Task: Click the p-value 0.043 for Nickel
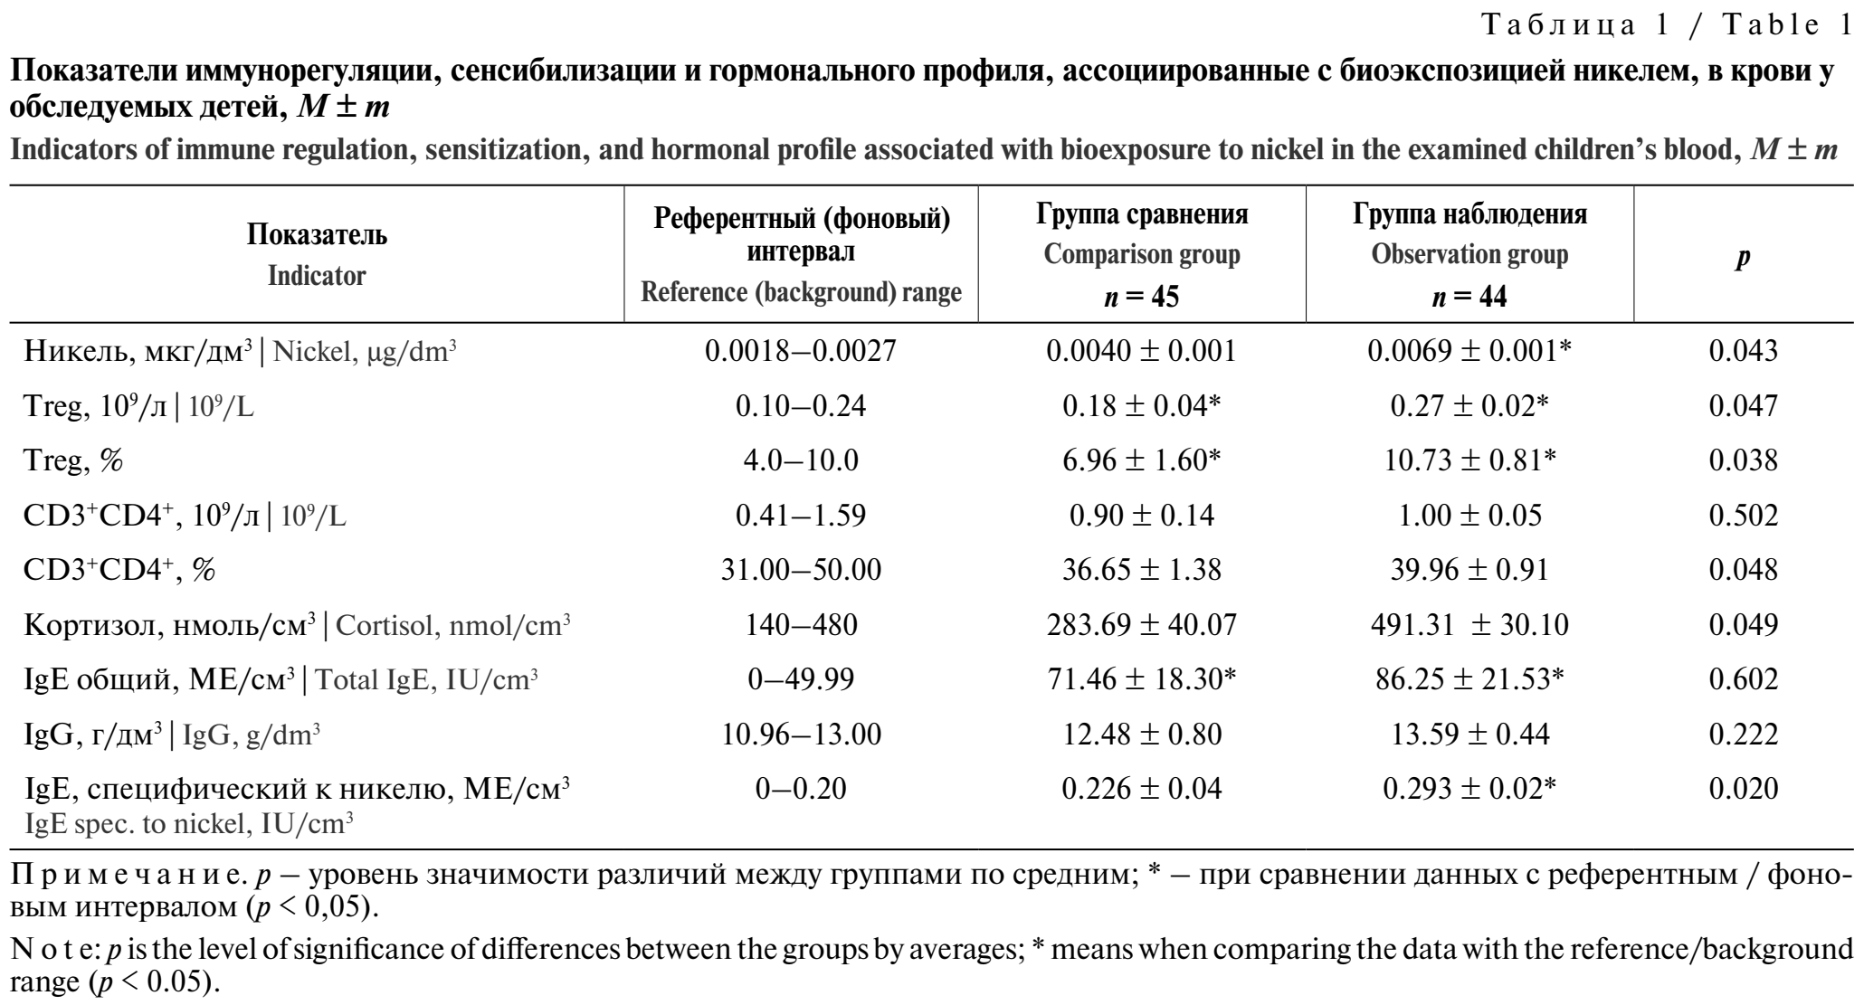click(1743, 352)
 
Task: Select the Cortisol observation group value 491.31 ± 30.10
click(1469, 625)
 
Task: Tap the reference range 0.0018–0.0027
click(800, 352)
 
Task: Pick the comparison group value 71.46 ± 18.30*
click(1141, 679)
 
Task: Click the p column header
click(1743, 256)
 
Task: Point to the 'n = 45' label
click(1141, 297)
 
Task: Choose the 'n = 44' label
click(1469, 297)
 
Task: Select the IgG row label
click(172, 735)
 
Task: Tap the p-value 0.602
click(1743, 679)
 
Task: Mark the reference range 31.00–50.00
click(800, 570)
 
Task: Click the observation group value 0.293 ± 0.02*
click(1469, 789)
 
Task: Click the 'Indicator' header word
click(317, 276)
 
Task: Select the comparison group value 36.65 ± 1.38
click(1141, 570)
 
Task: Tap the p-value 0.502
click(1743, 516)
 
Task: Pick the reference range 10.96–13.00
click(800, 735)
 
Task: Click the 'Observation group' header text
click(1469, 256)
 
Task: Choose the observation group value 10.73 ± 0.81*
click(1469, 461)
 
